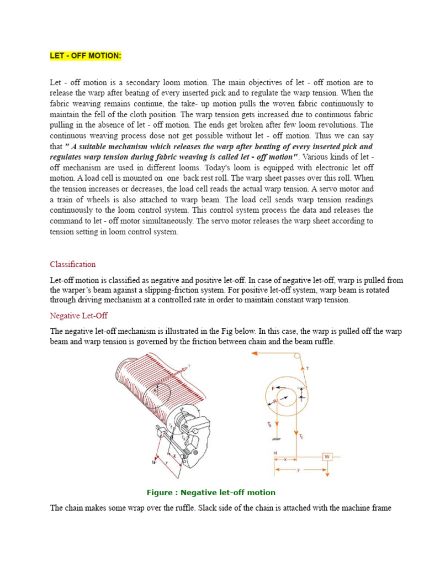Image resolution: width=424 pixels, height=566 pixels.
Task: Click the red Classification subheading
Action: [72, 264]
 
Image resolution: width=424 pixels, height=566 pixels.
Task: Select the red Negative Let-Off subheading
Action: [78, 316]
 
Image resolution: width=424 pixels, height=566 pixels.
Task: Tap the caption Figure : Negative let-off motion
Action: [210, 492]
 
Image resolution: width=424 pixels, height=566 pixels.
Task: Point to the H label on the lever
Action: [275, 453]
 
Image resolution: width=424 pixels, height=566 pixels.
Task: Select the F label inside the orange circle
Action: [273, 389]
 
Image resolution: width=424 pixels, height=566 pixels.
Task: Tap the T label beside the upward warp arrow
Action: [307, 368]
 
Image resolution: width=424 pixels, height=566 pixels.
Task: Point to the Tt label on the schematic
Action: [301, 436]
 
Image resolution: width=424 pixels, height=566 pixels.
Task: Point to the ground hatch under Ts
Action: [274, 439]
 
